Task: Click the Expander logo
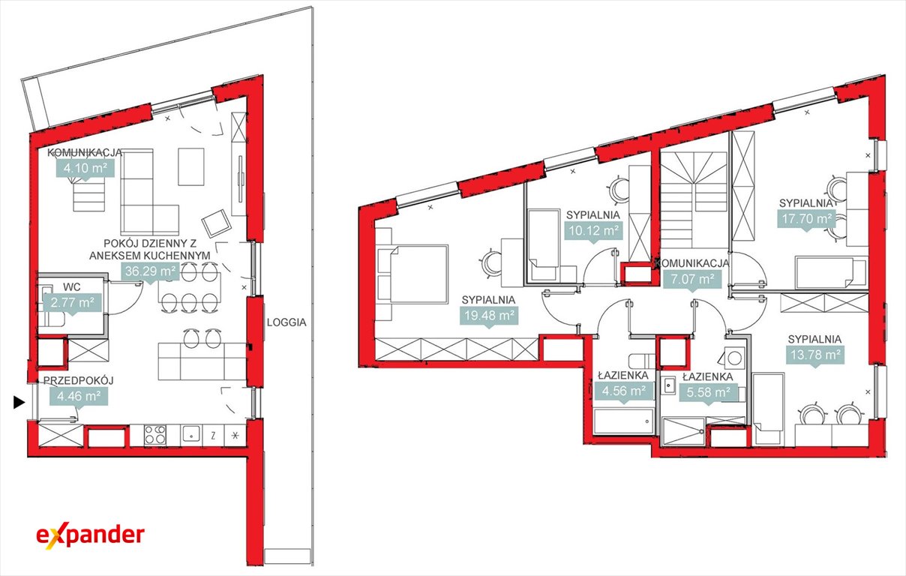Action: pos(90,537)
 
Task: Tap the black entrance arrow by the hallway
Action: pos(19,403)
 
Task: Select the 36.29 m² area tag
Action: pos(150,271)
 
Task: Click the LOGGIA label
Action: pos(286,322)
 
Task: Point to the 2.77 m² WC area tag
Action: pos(73,303)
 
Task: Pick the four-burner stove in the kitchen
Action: pos(155,435)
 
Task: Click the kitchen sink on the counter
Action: pos(190,434)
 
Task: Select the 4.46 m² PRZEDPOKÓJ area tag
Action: pos(79,397)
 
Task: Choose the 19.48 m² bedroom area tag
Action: pos(489,316)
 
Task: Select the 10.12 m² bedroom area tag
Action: pos(594,231)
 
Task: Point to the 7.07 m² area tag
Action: pos(692,280)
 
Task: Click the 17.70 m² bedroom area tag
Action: pos(807,220)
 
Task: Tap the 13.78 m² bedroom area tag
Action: pos(815,355)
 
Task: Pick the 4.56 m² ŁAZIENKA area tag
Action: pos(624,391)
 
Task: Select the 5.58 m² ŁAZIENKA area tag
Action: pos(708,393)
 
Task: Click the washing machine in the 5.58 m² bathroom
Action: pos(734,358)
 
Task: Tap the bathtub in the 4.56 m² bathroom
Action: pos(623,421)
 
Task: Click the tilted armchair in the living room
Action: pos(217,223)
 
